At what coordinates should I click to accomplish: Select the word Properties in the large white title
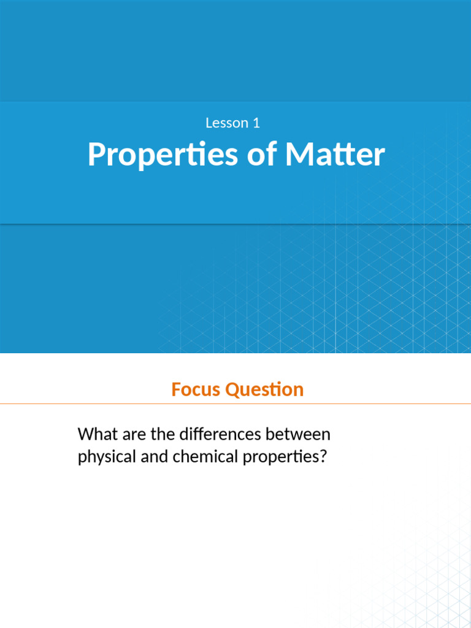163,155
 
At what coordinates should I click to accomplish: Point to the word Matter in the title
335,155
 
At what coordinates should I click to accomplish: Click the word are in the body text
134,435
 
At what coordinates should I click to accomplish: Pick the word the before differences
162,435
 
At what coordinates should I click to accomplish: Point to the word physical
103,458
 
